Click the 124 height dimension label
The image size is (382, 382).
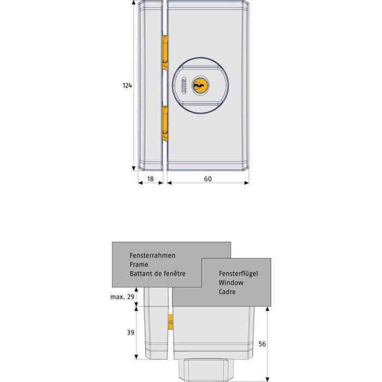(127, 85)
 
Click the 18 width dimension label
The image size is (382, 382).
(150, 178)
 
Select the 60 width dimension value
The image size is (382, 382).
(207, 178)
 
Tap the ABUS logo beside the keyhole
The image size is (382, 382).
(182, 86)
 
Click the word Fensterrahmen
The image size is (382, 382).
(152, 255)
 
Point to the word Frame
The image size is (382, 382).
(139, 264)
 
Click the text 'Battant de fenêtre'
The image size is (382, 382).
(157, 273)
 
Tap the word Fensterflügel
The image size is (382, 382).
(238, 273)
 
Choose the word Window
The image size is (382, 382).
(231, 283)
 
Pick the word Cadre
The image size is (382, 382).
(228, 292)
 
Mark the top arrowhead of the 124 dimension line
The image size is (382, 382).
(134, 3)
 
